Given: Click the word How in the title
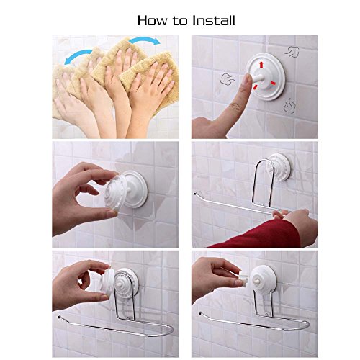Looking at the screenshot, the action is pos(153,20).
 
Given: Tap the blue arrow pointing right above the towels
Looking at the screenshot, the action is pos(145,40).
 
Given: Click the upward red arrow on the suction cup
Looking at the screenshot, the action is pos(261,65).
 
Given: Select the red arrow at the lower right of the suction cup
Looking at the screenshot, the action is pos(273,84).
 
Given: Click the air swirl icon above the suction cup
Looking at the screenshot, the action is pos(292,52).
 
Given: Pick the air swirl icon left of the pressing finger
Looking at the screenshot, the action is pos(228,78).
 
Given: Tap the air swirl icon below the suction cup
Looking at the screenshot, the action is pos(289,105).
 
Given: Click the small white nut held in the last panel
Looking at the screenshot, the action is pos(244,279).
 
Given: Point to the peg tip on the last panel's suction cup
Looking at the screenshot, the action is pos(258,281).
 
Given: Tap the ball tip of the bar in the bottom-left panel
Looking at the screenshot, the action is pos(59,317).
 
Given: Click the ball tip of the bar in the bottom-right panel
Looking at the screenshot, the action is pos(200,313).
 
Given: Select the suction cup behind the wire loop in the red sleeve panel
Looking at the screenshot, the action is pos(279,167).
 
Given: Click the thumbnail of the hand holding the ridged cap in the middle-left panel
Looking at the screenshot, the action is pos(111,213).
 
